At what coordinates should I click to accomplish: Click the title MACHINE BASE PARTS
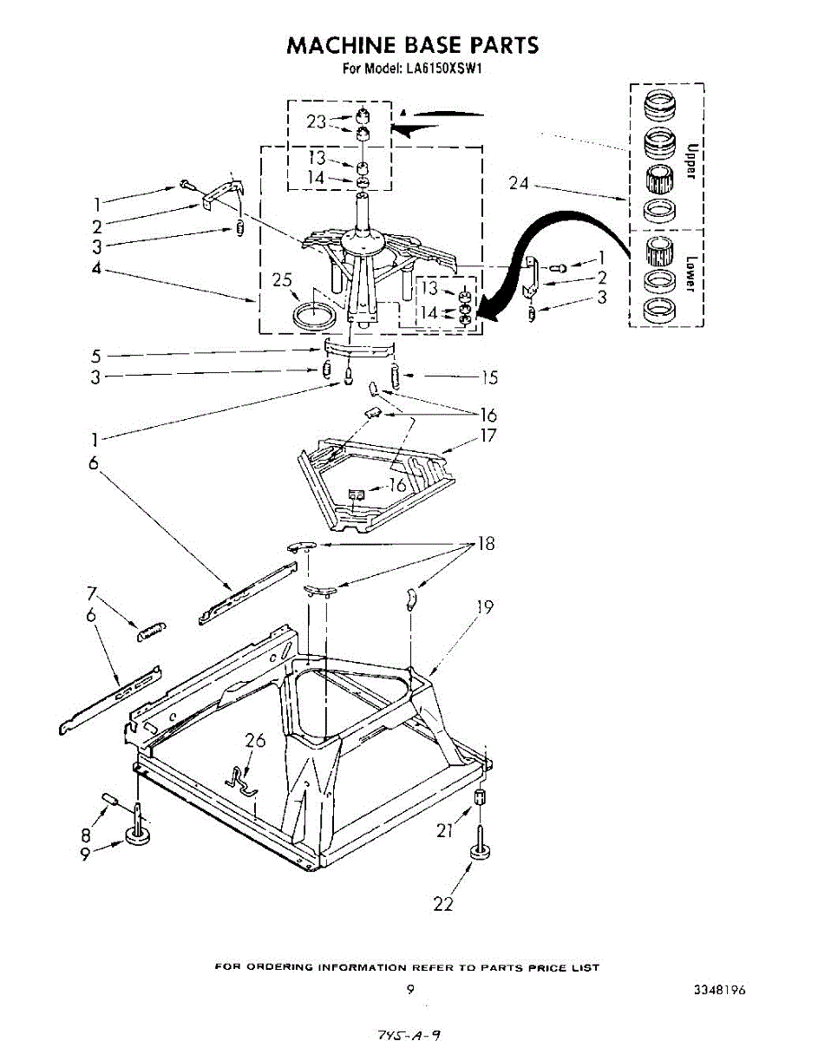click(412, 44)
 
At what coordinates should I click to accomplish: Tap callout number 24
click(520, 183)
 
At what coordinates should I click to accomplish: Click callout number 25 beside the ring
click(282, 281)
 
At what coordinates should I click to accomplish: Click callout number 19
click(485, 607)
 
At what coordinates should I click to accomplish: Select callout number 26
click(255, 741)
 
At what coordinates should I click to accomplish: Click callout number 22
click(442, 903)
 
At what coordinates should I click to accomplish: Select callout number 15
click(489, 377)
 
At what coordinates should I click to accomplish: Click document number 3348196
click(720, 990)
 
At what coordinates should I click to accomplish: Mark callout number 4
click(97, 270)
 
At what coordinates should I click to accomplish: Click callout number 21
click(445, 830)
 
